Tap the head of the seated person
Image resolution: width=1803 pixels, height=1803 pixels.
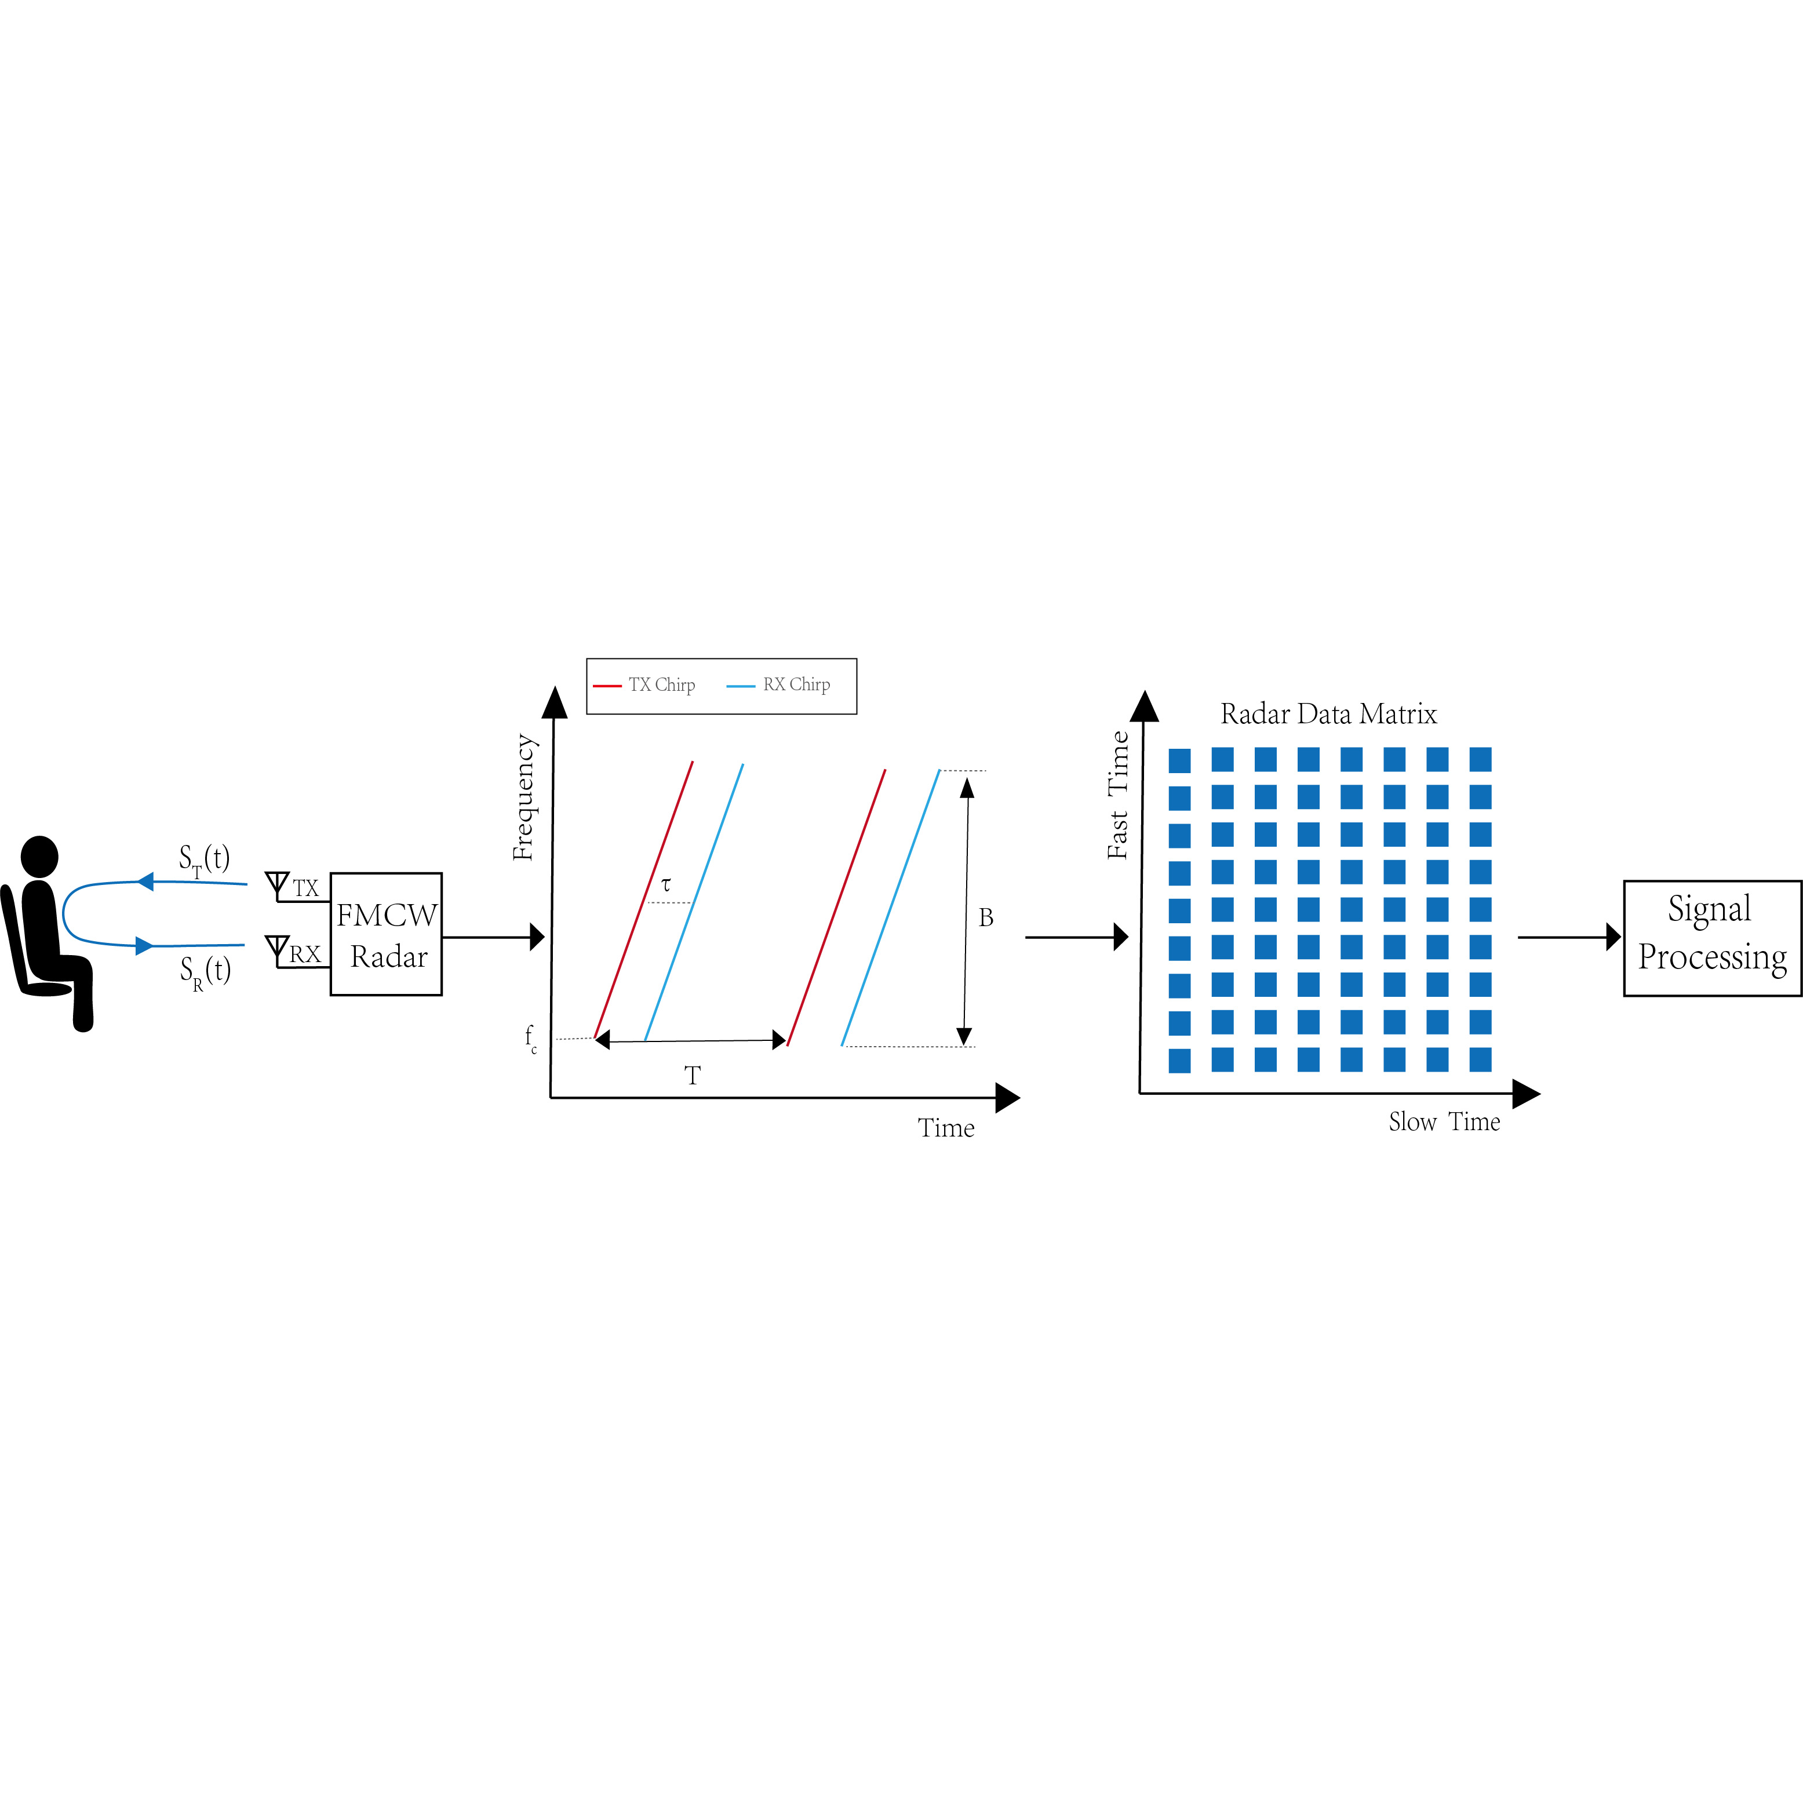click(39, 856)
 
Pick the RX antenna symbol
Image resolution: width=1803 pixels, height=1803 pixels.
click(277, 950)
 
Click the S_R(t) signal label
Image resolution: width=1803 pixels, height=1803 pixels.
click(205, 971)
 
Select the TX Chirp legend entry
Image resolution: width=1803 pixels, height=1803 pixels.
click(661, 685)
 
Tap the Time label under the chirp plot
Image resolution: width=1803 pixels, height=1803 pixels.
click(945, 1128)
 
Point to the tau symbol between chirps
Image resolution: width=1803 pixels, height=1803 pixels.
click(665, 884)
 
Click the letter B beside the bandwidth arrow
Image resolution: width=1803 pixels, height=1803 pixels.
click(985, 918)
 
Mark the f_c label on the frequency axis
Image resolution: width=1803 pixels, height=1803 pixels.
click(530, 1038)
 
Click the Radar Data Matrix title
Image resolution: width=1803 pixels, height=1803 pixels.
click(1328, 715)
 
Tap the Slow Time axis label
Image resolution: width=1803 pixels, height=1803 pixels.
click(1444, 1122)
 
